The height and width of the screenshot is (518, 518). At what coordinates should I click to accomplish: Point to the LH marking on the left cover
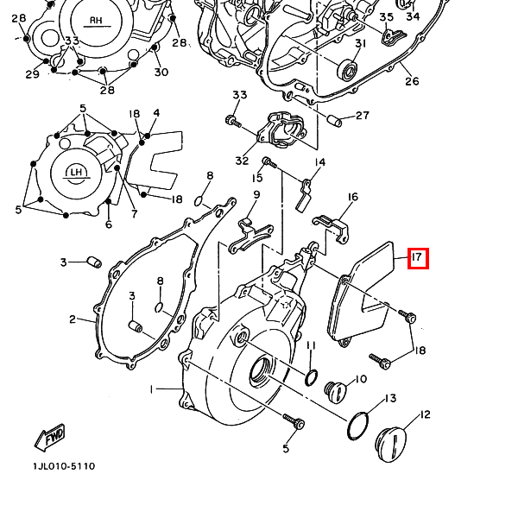click(x=76, y=173)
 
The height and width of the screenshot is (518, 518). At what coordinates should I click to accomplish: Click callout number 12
click(x=425, y=415)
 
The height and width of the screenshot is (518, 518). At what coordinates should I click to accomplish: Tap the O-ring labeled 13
click(x=358, y=426)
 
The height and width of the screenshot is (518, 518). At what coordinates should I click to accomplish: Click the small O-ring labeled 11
click(x=313, y=376)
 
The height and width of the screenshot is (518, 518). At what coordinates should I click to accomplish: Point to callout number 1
click(x=152, y=390)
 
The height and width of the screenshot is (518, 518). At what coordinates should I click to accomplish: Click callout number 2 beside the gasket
click(x=73, y=320)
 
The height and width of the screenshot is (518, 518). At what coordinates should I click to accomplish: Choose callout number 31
click(x=361, y=44)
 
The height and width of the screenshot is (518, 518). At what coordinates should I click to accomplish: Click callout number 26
click(x=412, y=81)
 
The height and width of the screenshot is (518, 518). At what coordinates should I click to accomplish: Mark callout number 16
click(x=352, y=198)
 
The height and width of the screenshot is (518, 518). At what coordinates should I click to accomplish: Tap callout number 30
click(x=161, y=73)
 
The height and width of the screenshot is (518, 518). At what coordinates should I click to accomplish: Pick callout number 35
click(x=386, y=17)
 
